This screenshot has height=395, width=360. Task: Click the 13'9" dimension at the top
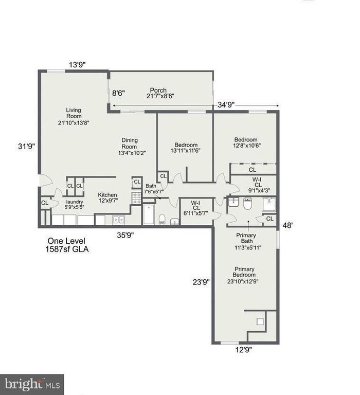click(77, 65)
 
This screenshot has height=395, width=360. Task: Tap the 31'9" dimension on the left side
click(26, 146)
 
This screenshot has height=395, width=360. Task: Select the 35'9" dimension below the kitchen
click(125, 235)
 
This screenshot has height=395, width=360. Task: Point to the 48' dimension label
click(287, 225)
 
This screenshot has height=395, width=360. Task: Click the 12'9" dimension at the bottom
click(243, 350)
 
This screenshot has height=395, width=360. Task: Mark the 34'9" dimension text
click(226, 104)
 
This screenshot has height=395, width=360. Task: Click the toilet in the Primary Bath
click(248, 204)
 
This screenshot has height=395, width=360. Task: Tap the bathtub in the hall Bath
click(149, 214)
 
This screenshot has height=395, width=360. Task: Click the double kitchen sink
click(118, 220)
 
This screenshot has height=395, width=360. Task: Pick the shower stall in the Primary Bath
click(269, 205)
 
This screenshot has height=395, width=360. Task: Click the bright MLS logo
click(32, 385)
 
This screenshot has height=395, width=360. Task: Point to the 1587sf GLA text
click(67, 249)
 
